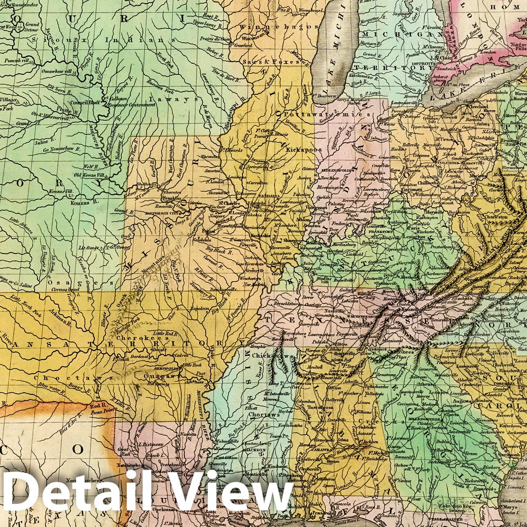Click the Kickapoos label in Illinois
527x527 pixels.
click(x=304, y=150)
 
